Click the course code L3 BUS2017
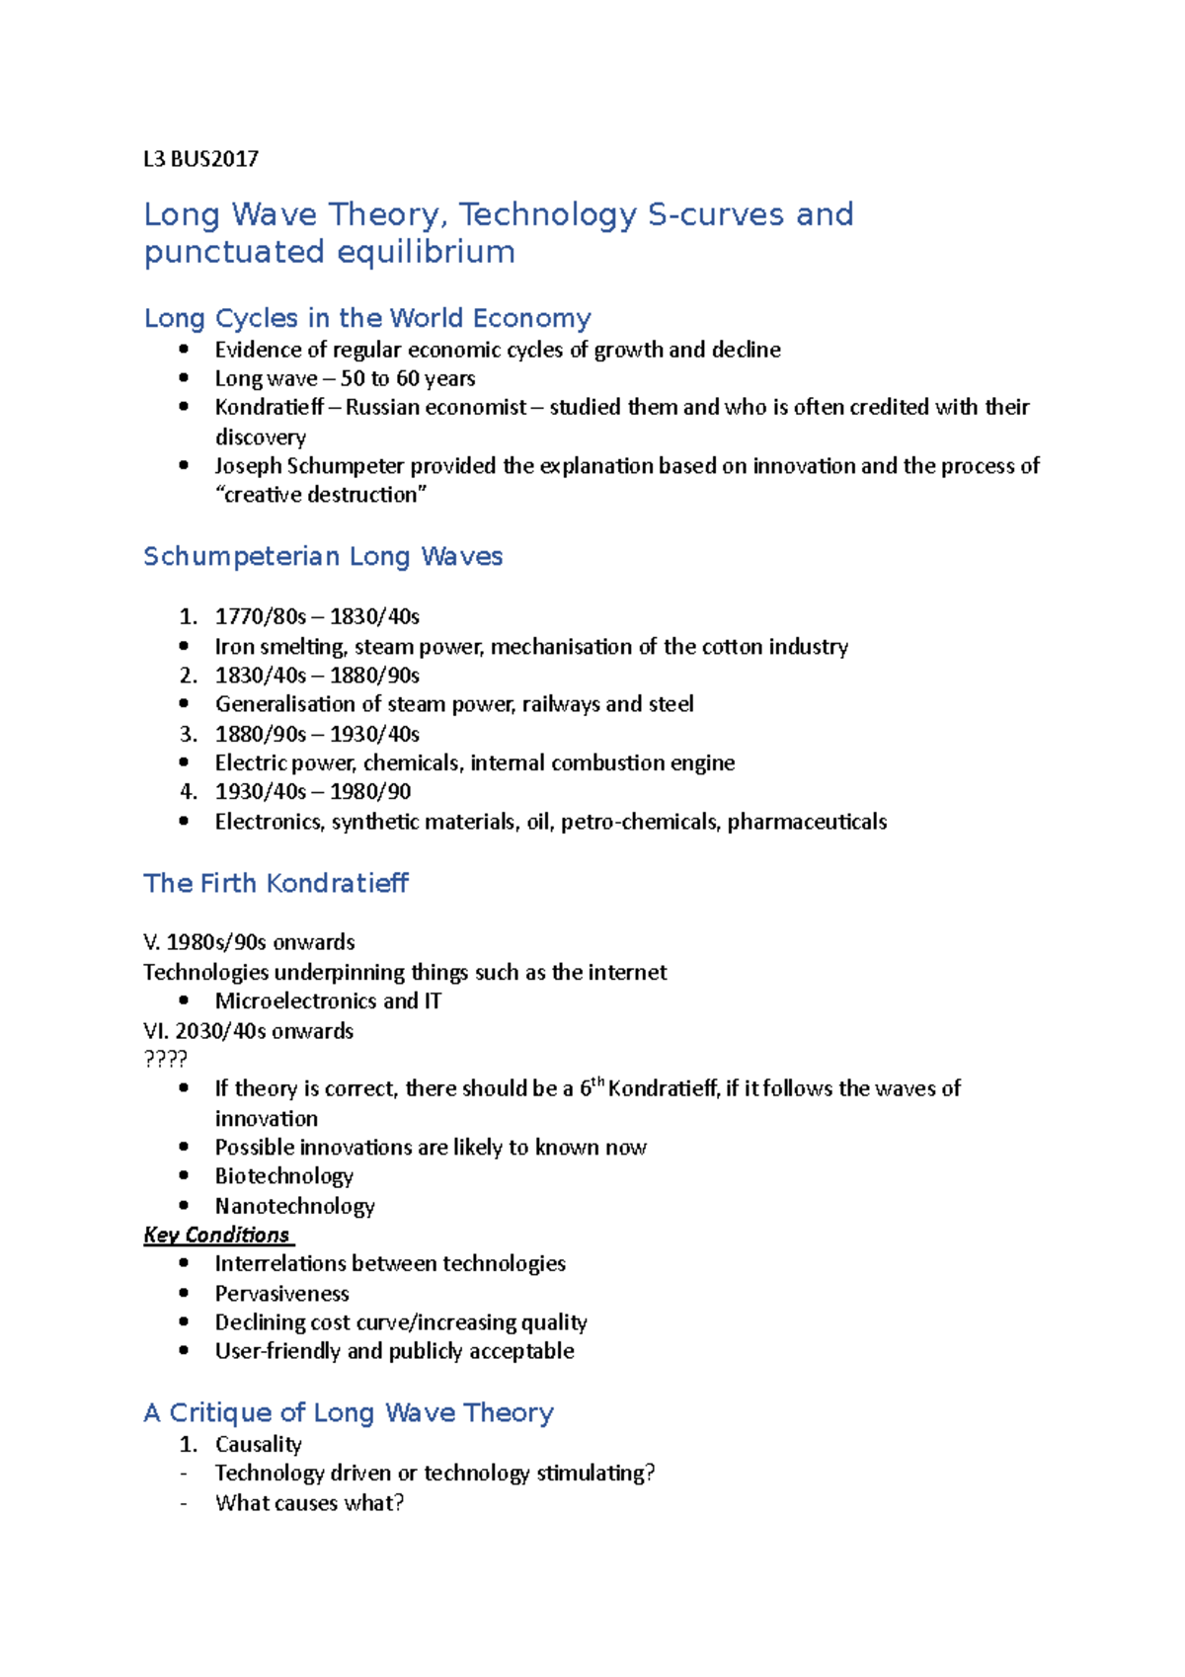click(x=200, y=159)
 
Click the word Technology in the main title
click(x=548, y=214)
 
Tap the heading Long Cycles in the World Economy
click(x=366, y=318)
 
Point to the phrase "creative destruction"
click(x=321, y=495)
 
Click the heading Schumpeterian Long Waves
click(x=323, y=556)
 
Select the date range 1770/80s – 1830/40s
click(x=317, y=616)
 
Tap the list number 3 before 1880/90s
click(x=188, y=734)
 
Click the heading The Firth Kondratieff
click(x=276, y=883)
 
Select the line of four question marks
click(x=165, y=1059)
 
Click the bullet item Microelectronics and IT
click(x=328, y=1000)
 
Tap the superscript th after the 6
click(x=598, y=1081)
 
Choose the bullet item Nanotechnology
click(x=294, y=1206)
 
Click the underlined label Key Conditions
click(x=216, y=1235)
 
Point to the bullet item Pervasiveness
click(x=281, y=1293)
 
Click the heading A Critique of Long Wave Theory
click(x=348, y=1412)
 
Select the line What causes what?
click(x=309, y=1502)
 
